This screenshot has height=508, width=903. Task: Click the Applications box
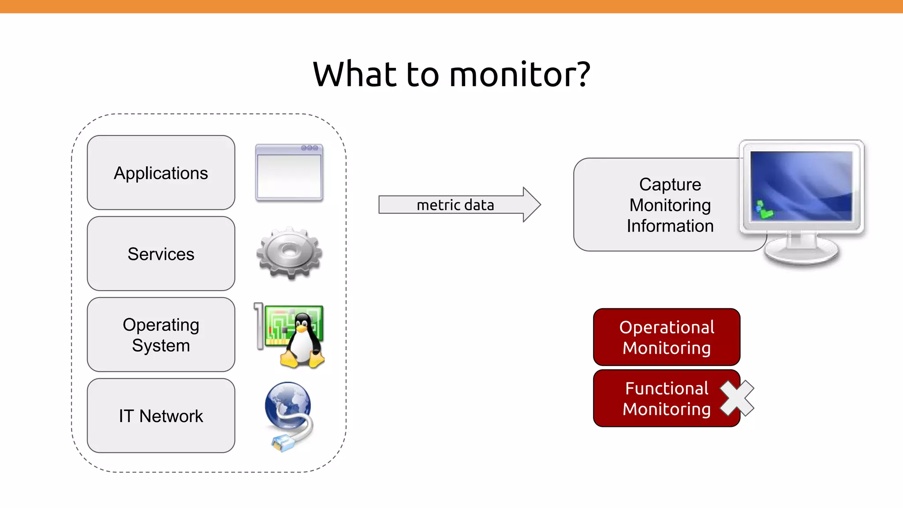(161, 172)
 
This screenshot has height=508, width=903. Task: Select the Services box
(161, 254)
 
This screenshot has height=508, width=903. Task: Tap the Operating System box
(161, 335)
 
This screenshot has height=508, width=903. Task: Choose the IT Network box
(161, 416)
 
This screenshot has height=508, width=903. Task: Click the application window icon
(289, 172)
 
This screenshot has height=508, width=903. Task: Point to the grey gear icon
(289, 253)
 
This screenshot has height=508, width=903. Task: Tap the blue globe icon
(287, 403)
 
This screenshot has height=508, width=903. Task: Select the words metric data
(455, 205)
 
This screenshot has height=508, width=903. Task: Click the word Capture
(670, 184)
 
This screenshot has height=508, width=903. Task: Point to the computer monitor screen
(801, 186)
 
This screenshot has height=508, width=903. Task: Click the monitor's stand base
(801, 254)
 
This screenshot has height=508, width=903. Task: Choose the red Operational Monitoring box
(666, 337)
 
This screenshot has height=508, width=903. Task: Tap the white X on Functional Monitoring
(737, 398)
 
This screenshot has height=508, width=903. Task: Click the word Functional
(666, 388)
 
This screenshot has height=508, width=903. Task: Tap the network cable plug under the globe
(281, 442)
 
